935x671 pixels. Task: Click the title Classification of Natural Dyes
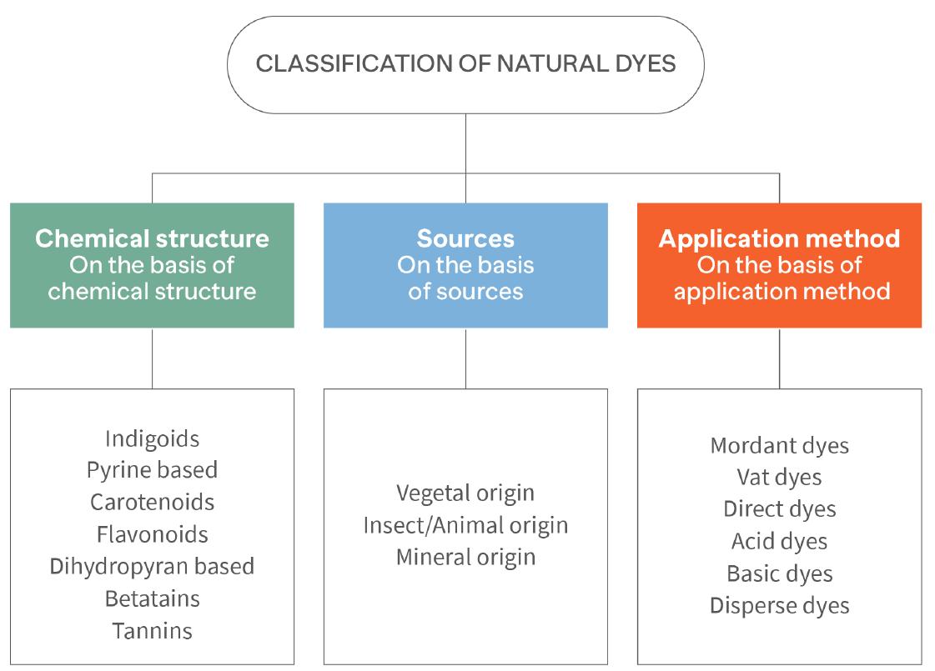(465, 64)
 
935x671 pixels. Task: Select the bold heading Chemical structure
(152, 238)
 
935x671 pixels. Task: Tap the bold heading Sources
(465, 238)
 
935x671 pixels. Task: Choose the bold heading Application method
(779, 238)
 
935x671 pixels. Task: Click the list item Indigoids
(152, 438)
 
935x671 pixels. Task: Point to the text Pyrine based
(152, 470)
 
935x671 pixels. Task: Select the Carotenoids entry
(152, 502)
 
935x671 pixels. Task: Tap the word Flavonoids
(152, 533)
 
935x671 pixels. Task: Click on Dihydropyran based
(152, 566)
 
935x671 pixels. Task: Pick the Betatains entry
(152, 598)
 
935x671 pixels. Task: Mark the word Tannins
(152, 631)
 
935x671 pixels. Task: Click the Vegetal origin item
(465, 493)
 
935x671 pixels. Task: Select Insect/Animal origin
(465, 525)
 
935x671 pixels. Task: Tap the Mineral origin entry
(465, 557)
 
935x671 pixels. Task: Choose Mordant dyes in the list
(779, 445)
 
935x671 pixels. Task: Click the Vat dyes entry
(779, 477)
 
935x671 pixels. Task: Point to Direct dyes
(779, 508)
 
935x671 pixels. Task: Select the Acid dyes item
(779, 541)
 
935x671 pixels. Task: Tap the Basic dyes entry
(779, 573)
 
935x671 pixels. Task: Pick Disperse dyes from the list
(779, 605)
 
